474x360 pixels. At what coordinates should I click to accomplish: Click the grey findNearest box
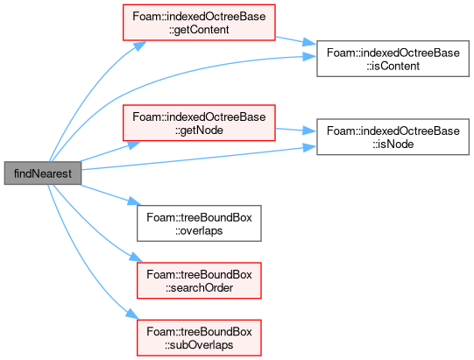point(43,173)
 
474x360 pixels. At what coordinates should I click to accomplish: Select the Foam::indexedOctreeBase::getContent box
point(199,23)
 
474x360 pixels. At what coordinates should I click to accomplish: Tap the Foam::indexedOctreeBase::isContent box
point(393,59)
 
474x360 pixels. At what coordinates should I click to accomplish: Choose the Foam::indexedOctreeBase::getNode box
point(199,123)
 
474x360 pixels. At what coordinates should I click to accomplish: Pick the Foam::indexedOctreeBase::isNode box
point(393,137)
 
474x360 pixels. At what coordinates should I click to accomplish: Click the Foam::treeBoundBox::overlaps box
point(199,223)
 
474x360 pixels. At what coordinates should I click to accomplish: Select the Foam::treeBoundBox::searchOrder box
point(199,280)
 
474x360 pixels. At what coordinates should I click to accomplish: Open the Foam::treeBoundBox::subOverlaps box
point(199,337)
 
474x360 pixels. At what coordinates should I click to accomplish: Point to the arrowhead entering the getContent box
point(140,46)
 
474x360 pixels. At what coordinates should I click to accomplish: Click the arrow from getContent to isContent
point(296,41)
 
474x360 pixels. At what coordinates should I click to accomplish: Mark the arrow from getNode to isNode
point(296,131)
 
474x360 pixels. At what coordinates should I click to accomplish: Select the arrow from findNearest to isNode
point(199,159)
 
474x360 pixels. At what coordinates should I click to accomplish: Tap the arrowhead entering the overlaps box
point(134,201)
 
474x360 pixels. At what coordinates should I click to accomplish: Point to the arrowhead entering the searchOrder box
point(136,258)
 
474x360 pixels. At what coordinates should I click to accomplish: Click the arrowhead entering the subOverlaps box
point(132,314)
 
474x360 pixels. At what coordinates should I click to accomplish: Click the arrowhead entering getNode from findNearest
point(134,145)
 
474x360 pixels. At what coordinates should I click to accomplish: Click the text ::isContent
point(393,66)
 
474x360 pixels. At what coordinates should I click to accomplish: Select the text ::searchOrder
point(199,288)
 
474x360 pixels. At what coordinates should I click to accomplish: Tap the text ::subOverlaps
point(199,345)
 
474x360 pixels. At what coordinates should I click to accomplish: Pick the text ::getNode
point(199,130)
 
